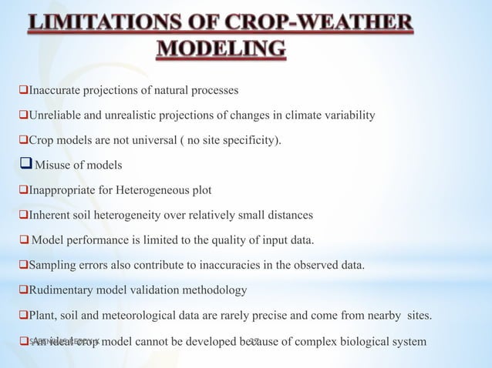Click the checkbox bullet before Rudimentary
click(x=23, y=289)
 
